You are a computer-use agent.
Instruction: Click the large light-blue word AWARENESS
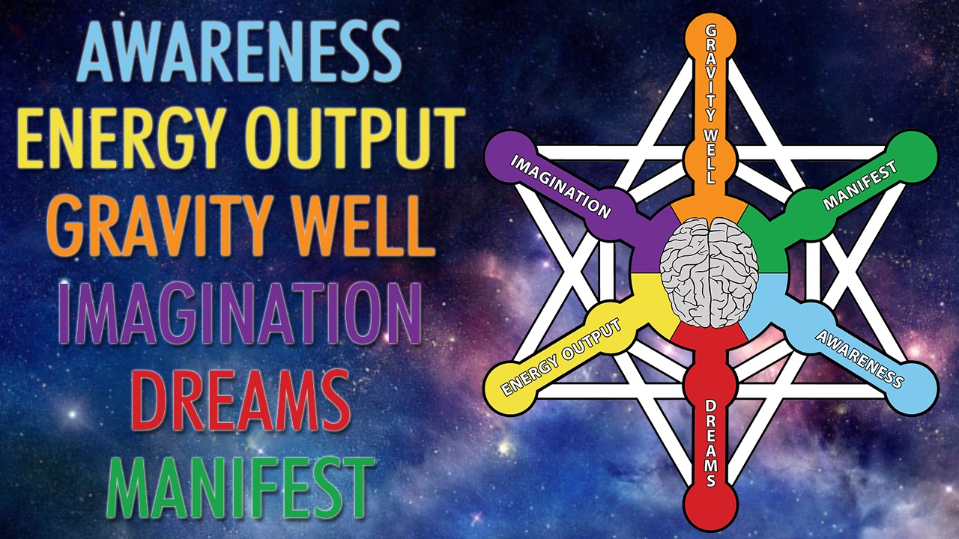click(240, 52)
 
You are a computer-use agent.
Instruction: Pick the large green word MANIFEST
click(240, 487)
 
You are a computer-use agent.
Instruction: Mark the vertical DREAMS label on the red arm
click(711, 444)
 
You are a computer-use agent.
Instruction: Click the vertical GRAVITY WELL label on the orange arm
click(711, 105)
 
